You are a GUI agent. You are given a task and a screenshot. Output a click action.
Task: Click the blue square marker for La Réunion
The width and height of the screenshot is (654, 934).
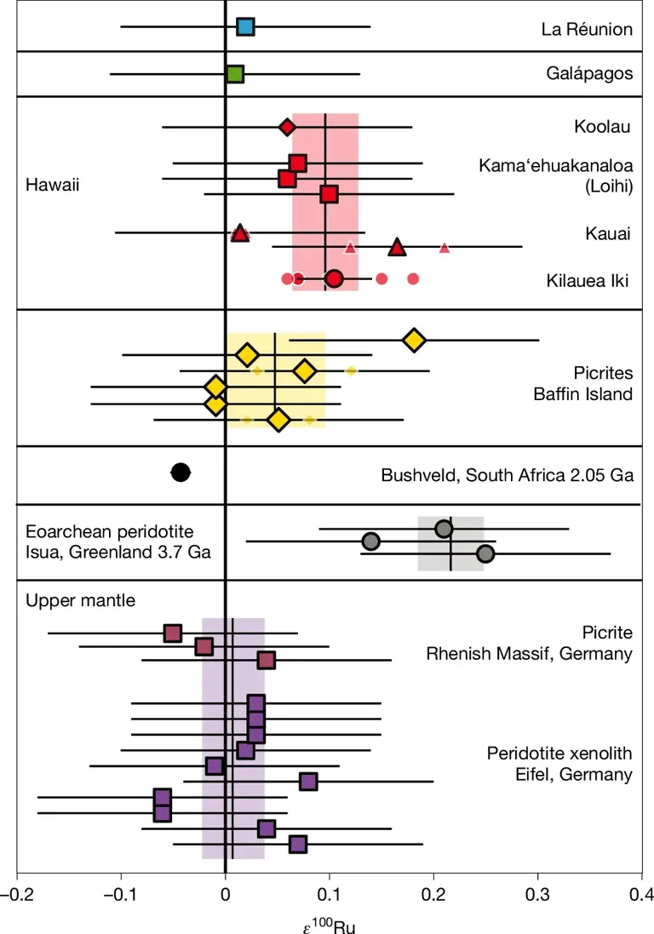click(x=245, y=27)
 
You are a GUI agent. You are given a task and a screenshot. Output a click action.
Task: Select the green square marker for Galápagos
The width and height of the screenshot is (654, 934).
click(x=235, y=74)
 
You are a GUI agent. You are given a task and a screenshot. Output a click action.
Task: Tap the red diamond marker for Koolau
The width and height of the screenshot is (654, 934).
click(x=287, y=127)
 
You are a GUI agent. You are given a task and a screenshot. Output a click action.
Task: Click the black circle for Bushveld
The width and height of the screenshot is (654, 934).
click(x=181, y=473)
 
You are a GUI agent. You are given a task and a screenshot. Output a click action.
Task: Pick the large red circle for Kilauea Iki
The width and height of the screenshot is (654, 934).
click(x=334, y=278)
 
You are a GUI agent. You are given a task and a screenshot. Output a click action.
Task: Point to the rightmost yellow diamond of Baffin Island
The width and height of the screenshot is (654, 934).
click(x=414, y=340)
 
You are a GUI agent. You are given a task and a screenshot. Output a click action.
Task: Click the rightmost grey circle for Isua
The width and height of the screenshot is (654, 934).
click(x=485, y=553)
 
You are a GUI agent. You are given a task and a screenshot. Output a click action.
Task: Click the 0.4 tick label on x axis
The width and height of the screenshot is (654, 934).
click(x=641, y=895)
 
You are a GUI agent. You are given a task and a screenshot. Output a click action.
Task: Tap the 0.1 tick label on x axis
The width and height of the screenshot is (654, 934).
click(x=329, y=895)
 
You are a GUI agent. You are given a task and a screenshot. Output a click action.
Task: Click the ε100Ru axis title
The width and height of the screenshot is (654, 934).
click(x=328, y=923)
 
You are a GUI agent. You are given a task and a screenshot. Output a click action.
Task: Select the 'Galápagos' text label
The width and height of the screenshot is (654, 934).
click(x=589, y=73)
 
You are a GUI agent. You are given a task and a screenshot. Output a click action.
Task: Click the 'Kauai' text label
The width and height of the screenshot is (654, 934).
click(x=608, y=234)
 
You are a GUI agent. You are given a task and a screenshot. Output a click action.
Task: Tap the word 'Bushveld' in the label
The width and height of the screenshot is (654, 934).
click(x=412, y=473)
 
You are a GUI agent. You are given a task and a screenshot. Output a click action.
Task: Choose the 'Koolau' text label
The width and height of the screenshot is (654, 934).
click(x=602, y=127)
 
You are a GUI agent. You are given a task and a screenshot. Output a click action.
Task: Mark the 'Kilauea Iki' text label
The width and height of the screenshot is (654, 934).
click(x=586, y=280)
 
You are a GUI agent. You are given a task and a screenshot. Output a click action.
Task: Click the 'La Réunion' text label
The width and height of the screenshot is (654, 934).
click(x=587, y=30)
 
